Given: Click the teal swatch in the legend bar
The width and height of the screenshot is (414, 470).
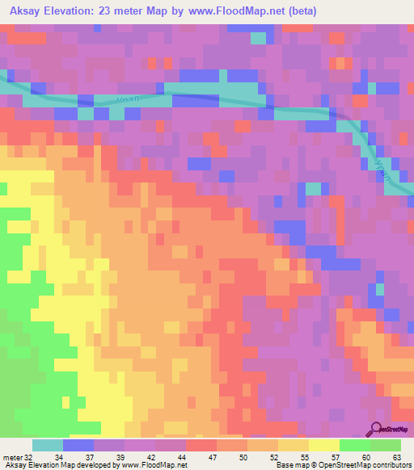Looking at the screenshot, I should pyautogui.click(x=47, y=445).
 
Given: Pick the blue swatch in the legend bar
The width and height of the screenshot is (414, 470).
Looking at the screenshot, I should pyautogui.click(x=78, y=445).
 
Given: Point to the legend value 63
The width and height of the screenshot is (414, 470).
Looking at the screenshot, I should pyautogui.click(x=395, y=457).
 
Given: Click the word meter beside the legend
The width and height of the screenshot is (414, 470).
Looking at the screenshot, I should pyautogui.click(x=13, y=457).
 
